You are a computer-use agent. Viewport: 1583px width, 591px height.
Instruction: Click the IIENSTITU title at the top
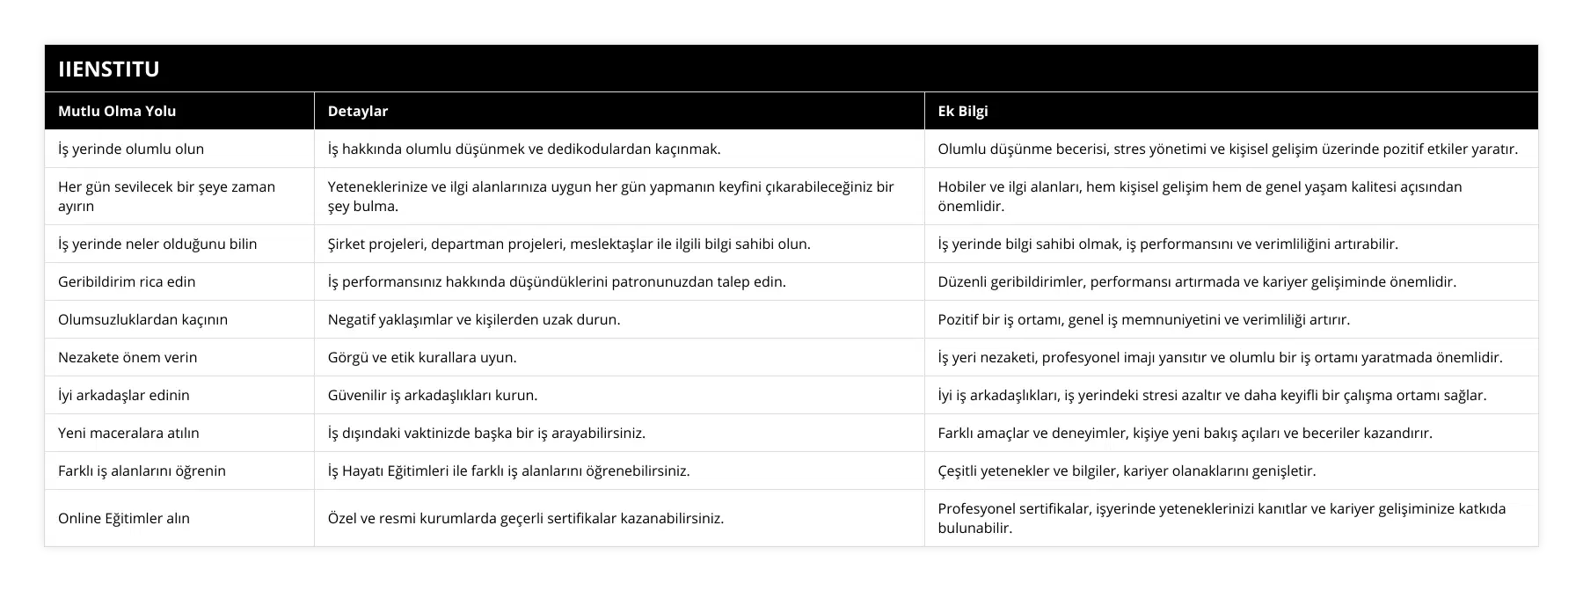(109, 69)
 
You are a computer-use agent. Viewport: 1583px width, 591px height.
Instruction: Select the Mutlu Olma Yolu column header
(117, 111)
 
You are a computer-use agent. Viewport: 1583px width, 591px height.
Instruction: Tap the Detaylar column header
(358, 111)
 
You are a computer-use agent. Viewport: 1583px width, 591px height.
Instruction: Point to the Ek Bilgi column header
(963, 111)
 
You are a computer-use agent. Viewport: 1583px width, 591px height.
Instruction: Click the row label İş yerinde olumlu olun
(131, 149)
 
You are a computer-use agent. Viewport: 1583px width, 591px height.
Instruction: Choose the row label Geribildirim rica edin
(127, 281)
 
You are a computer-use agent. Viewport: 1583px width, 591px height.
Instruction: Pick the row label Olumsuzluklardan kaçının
(142, 319)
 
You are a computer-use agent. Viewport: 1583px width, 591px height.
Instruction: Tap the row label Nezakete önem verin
(128, 357)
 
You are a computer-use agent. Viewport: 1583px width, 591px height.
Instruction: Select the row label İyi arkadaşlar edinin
(124, 395)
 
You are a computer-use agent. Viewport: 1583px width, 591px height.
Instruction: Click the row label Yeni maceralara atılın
(128, 433)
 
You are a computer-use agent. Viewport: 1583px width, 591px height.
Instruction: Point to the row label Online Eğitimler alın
(124, 518)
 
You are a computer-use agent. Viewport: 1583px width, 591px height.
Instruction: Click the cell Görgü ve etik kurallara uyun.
(422, 357)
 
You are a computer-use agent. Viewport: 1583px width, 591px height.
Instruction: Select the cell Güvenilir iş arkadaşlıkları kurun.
(433, 395)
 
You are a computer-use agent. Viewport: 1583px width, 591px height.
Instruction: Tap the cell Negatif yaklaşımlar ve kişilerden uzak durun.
(474, 319)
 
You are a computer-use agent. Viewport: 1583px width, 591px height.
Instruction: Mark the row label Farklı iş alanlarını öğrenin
(142, 471)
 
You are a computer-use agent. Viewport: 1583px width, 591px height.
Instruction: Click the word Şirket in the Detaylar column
(347, 244)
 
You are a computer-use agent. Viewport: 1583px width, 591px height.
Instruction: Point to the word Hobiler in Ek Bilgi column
(962, 186)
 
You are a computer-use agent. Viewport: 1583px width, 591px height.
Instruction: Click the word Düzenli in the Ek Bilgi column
(964, 281)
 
